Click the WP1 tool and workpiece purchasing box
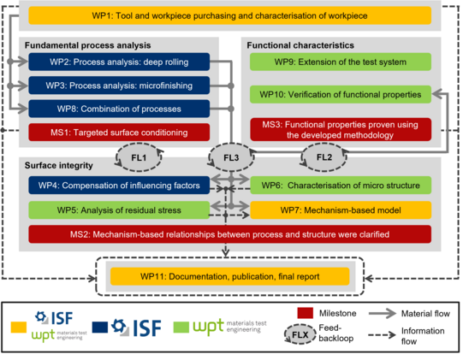(x=229, y=15)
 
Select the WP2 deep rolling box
(x=119, y=62)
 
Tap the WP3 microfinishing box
(x=119, y=86)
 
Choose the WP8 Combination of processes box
(x=119, y=109)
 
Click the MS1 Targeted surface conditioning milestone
(x=119, y=133)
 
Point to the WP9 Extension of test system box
(x=341, y=62)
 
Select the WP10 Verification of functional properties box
(x=341, y=94)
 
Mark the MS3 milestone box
(x=341, y=129)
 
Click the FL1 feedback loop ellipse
(x=139, y=157)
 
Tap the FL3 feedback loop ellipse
(x=231, y=157)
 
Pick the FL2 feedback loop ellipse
(x=324, y=157)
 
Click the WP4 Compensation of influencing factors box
(x=119, y=185)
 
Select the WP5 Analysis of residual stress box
(x=119, y=210)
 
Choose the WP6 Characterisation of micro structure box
(x=341, y=185)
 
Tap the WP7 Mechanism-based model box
(x=341, y=210)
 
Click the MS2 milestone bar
(x=229, y=234)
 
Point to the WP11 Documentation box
(x=229, y=276)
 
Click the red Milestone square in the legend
(x=306, y=313)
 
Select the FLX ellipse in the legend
(x=300, y=334)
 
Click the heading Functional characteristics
(x=300, y=45)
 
